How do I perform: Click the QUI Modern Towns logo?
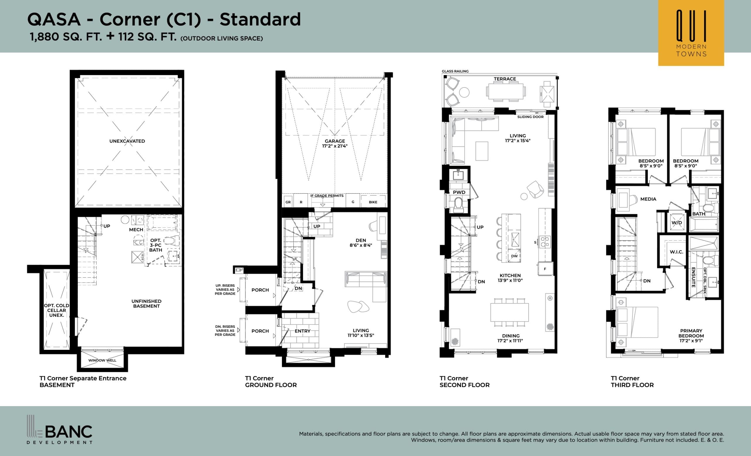click(691, 33)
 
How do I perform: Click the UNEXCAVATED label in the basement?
click(127, 141)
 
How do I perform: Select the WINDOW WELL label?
click(102, 360)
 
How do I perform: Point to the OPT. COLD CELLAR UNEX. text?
click(57, 310)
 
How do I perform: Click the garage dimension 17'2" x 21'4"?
click(335, 146)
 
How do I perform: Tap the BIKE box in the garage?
click(373, 202)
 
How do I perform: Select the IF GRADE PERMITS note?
click(327, 196)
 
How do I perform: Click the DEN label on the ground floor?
click(361, 240)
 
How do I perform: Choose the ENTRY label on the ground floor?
click(302, 331)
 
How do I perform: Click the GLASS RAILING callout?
click(455, 71)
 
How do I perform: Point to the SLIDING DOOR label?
click(530, 117)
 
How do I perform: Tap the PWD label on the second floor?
click(459, 192)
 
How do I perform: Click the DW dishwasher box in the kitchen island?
click(515, 256)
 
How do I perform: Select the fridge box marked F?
click(545, 269)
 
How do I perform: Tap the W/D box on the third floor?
click(676, 223)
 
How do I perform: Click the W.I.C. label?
click(676, 252)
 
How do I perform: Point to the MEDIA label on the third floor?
click(648, 199)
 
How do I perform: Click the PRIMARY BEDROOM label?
click(691, 336)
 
